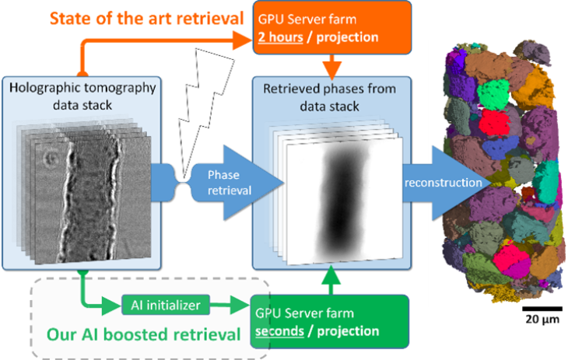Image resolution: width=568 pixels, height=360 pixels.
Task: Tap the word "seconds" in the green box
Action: point(284,330)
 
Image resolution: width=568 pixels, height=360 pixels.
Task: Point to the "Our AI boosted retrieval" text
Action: point(143,335)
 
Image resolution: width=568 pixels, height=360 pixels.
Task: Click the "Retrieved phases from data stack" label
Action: point(329,96)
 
